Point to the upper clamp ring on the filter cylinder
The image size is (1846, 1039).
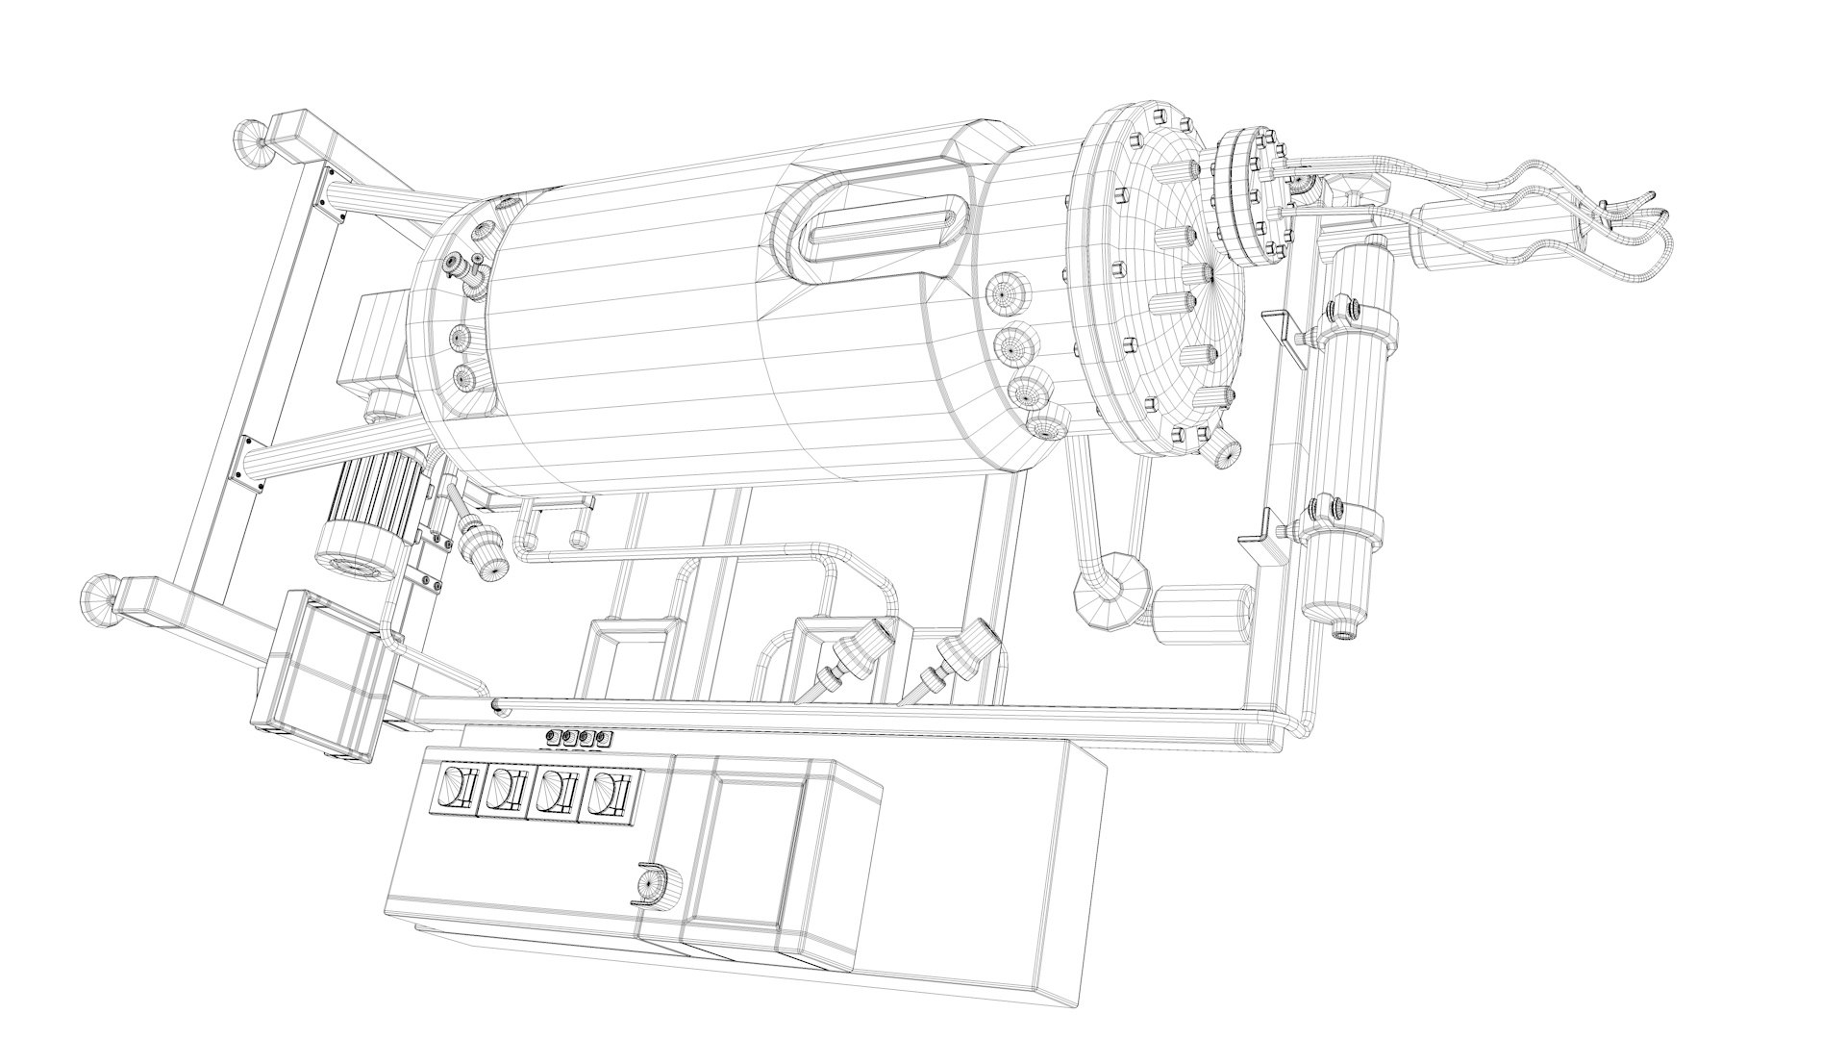(1356, 327)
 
